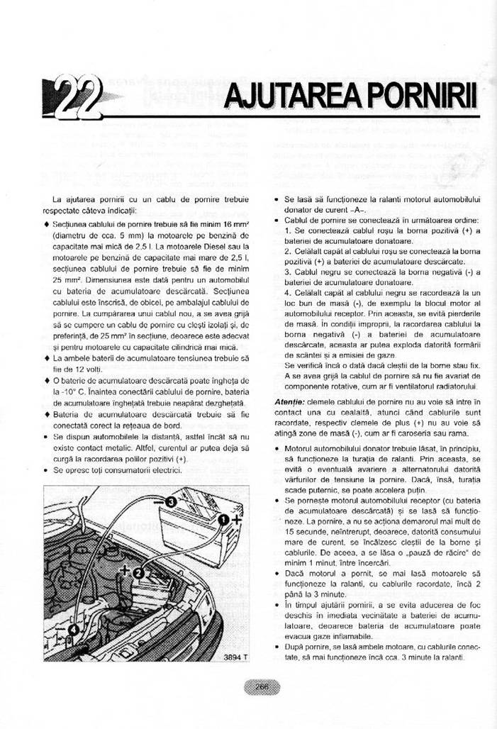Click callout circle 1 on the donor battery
(223, 521)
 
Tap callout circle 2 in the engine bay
(138, 572)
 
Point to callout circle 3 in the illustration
(171, 503)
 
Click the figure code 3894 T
(235, 657)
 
